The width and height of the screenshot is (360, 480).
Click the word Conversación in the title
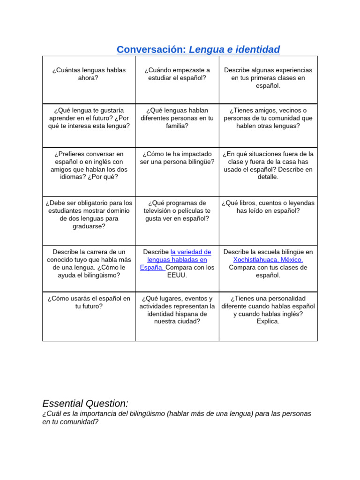pos(151,49)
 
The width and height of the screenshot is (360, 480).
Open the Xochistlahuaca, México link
pos(268,260)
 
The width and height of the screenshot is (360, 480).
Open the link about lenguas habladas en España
pos(177,260)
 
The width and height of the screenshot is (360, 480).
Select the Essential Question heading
pos(85,403)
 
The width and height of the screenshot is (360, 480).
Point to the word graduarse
pos(89,226)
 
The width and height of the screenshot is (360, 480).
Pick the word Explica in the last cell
pos(268,322)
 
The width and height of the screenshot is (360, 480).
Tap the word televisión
pos(162,211)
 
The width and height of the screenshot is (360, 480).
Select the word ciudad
pos(186,322)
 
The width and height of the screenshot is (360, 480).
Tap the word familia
pos(177,126)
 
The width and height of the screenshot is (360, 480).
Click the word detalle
pos(268,177)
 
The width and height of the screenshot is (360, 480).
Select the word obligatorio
pos(89,203)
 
